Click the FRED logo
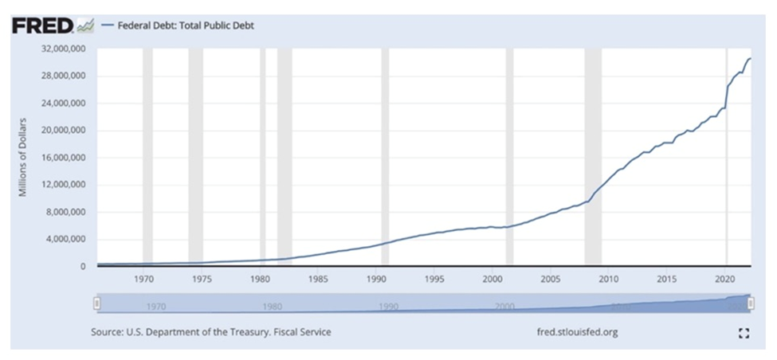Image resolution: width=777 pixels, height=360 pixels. click(44, 25)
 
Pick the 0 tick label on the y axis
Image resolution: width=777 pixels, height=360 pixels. click(82, 267)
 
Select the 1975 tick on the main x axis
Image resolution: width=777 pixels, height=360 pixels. click(202, 280)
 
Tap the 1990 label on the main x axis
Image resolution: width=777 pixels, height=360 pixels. click(376, 280)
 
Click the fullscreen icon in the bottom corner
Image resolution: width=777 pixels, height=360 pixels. click(744, 333)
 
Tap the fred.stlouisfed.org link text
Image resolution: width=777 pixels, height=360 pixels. click(579, 332)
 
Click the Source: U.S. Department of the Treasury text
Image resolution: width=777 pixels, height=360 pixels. click(210, 332)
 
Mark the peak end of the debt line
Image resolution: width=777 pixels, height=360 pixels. click(750, 59)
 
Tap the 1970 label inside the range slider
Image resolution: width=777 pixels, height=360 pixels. click(156, 306)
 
